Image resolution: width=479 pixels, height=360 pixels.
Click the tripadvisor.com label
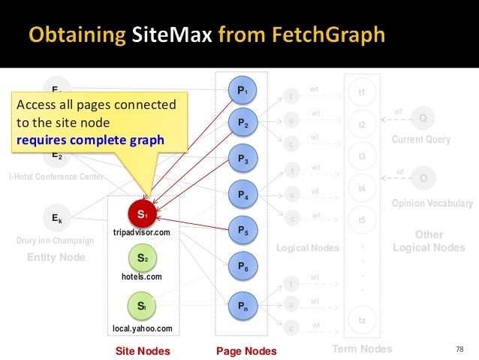pyautogui.click(x=142, y=234)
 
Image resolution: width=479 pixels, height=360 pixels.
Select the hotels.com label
pyautogui.click(x=142, y=277)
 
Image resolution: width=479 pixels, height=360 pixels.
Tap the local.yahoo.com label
pyautogui.click(x=143, y=328)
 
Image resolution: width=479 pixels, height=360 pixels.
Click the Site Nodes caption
pyautogui.click(x=143, y=351)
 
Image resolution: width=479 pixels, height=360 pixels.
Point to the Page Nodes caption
pyautogui.click(x=246, y=351)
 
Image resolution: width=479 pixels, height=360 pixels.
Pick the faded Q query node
pyautogui.click(x=423, y=119)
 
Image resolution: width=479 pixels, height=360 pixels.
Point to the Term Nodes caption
pyautogui.click(x=361, y=349)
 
